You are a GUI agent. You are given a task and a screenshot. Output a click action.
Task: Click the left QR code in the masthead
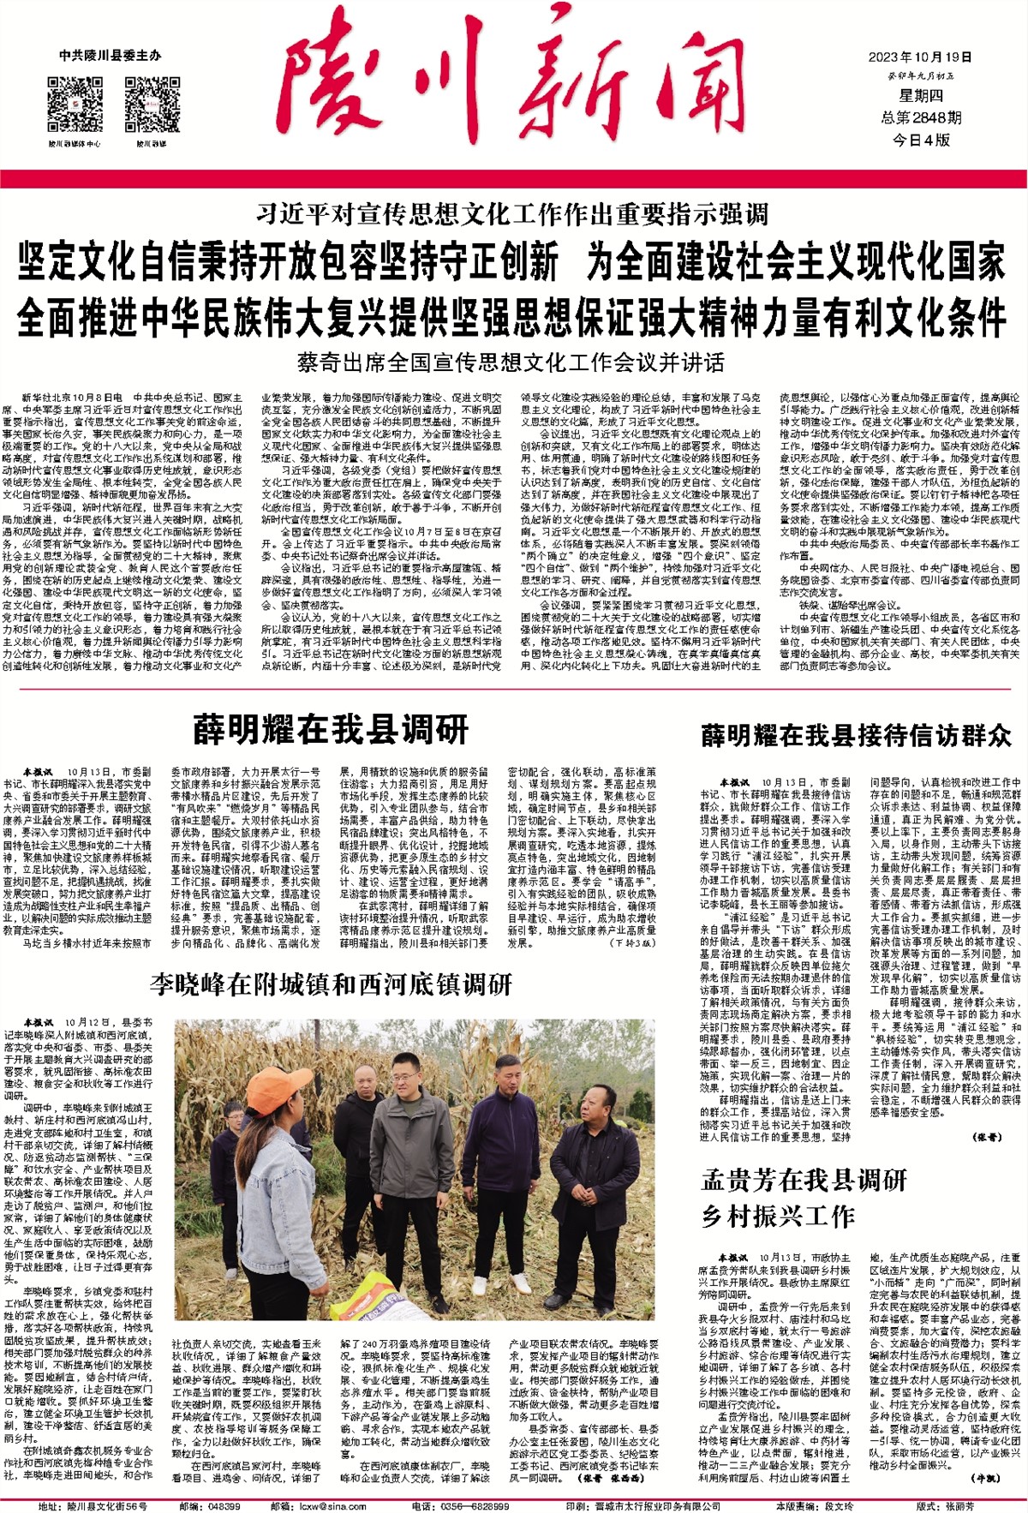(x=75, y=105)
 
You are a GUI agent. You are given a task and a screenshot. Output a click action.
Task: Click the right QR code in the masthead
(x=152, y=105)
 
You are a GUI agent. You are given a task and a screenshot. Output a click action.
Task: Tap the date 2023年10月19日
(x=920, y=57)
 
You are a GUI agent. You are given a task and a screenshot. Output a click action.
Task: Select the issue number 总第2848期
(x=921, y=117)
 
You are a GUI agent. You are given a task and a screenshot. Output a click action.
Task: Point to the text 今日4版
(x=921, y=140)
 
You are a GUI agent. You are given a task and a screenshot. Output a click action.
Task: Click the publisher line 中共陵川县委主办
(x=110, y=56)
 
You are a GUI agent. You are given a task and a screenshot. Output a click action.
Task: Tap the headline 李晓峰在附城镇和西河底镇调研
(x=331, y=984)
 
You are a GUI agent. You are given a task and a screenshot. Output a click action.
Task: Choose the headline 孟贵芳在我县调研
(x=804, y=1181)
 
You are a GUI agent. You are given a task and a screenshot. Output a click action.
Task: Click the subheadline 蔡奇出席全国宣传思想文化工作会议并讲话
(x=511, y=362)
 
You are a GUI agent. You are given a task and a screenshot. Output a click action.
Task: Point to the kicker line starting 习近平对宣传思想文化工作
(x=512, y=213)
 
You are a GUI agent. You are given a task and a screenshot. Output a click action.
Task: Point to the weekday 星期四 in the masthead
(x=920, y=96)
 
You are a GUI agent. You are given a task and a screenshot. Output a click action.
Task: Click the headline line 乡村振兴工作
(x=777, y=1217)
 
